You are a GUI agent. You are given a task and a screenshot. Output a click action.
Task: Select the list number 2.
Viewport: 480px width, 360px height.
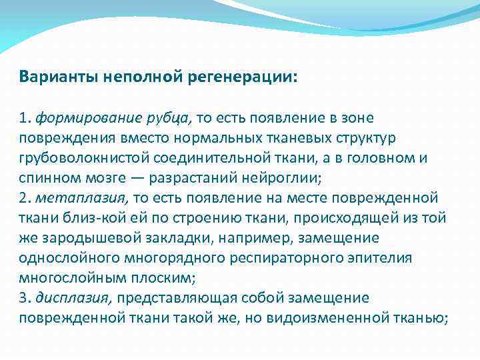tap(24, 198)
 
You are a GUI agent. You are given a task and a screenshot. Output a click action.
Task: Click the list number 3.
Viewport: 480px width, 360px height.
tap(24, 298)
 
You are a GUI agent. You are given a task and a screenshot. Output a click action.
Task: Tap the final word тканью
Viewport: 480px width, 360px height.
tap(421, 318)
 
